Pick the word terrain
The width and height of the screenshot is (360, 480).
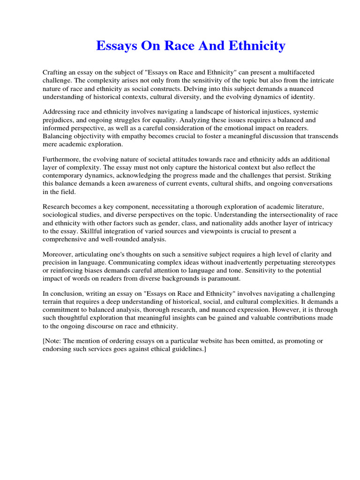[x=53, y=302]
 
